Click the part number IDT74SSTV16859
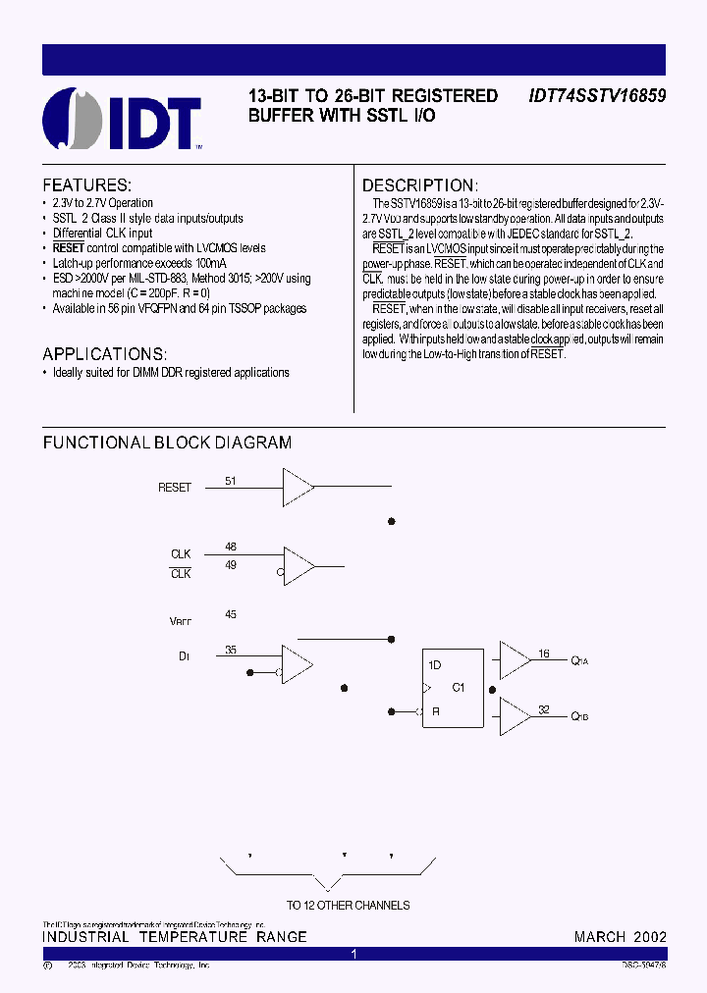point(597,96)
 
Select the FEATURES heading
point(86,185)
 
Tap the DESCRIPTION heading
point(420,185)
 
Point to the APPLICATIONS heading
point(105,353)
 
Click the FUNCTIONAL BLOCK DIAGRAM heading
point(167,443)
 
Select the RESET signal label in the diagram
point(175,488)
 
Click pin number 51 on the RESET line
point(231,481)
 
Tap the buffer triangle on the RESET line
point(297,486)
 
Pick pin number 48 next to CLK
point(231,547)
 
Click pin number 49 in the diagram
point(231,565)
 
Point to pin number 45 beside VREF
point(231,614)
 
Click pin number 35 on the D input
point(231,649)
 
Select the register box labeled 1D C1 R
point(452,688)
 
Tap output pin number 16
point(543,653)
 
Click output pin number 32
point(543,708)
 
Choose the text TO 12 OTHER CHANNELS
point(348,905)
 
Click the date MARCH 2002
point(620,937)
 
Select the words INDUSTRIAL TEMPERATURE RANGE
point(175,937)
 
